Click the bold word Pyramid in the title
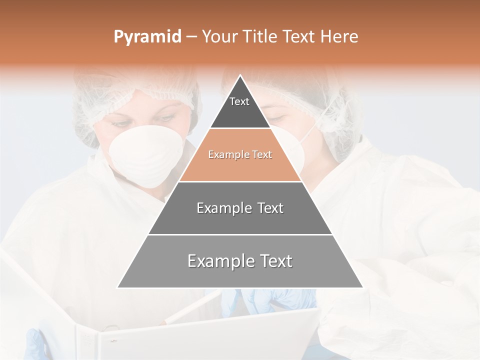[147, 37]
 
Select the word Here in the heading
[340, 37]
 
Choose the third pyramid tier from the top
[240, 208]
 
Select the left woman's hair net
[135, 90]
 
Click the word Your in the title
[220, 37]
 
